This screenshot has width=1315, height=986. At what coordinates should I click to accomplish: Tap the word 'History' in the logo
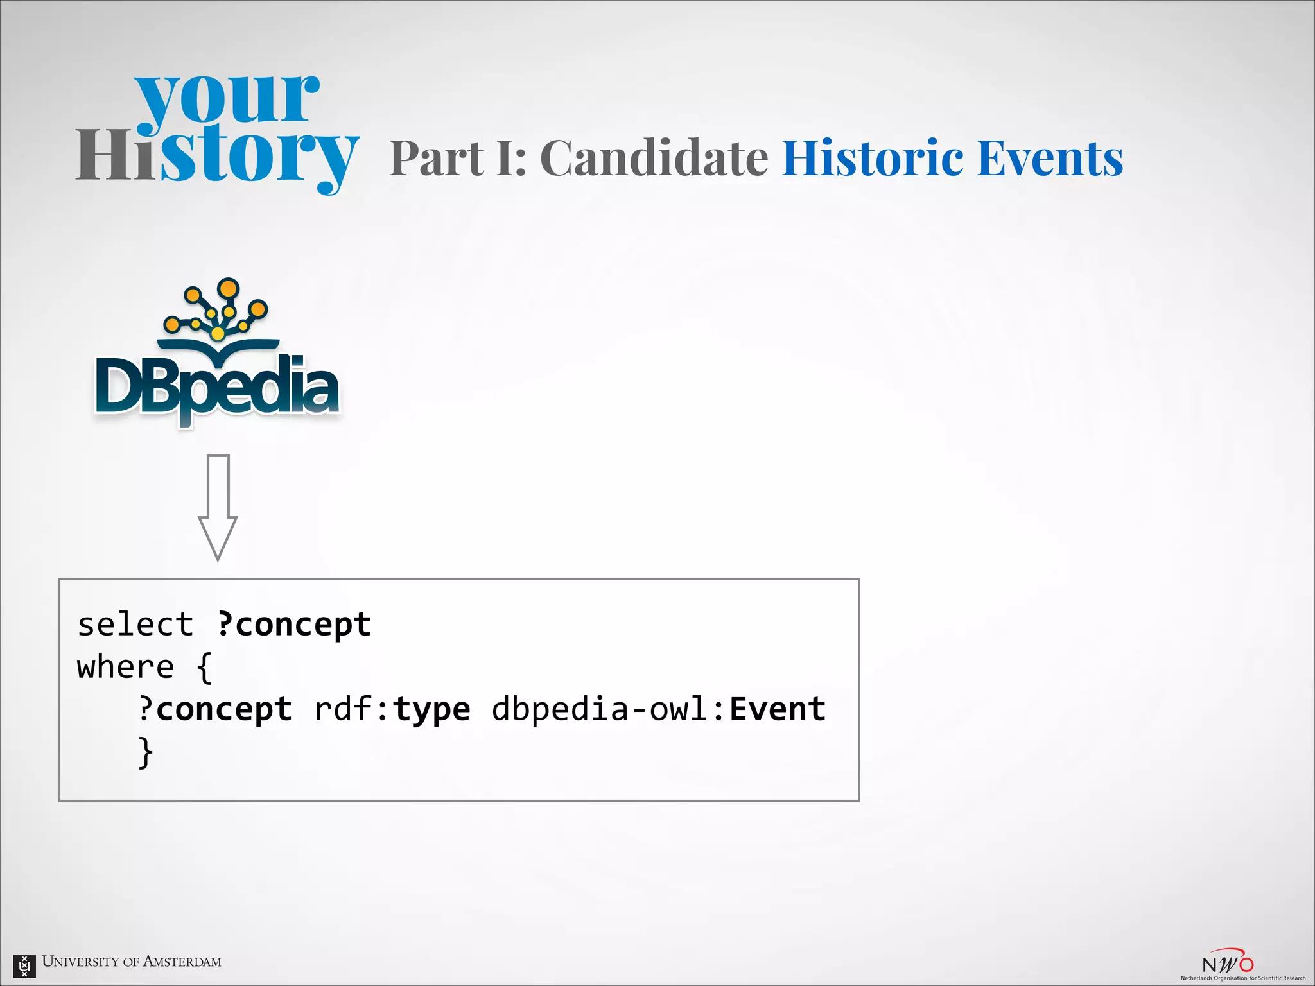tap(217, 156)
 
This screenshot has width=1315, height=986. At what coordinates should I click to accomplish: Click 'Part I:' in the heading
tap(458, 158)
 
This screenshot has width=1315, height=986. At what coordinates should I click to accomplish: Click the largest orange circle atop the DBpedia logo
tap(228, 288)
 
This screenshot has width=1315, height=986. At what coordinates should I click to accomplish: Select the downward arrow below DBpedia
tap(218, 507)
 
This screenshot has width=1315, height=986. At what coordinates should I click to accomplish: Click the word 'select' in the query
tap(135, 625)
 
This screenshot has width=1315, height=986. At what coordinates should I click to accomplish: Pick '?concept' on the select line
tap(294, 625)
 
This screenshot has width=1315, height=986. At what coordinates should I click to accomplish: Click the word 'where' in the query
tap(126, 667)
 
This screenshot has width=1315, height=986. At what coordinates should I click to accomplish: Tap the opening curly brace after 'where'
tap(204, 668)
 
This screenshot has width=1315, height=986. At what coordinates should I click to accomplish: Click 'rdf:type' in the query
tap(392, 709)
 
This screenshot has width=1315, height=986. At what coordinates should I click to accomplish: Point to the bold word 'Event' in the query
tap(778, 709)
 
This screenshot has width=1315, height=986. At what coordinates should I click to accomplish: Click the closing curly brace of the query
tap(146, 752)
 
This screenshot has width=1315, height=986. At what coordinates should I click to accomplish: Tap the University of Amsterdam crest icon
tap(24, 965)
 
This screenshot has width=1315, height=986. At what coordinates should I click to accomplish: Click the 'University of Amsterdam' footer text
tap(132, 962)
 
